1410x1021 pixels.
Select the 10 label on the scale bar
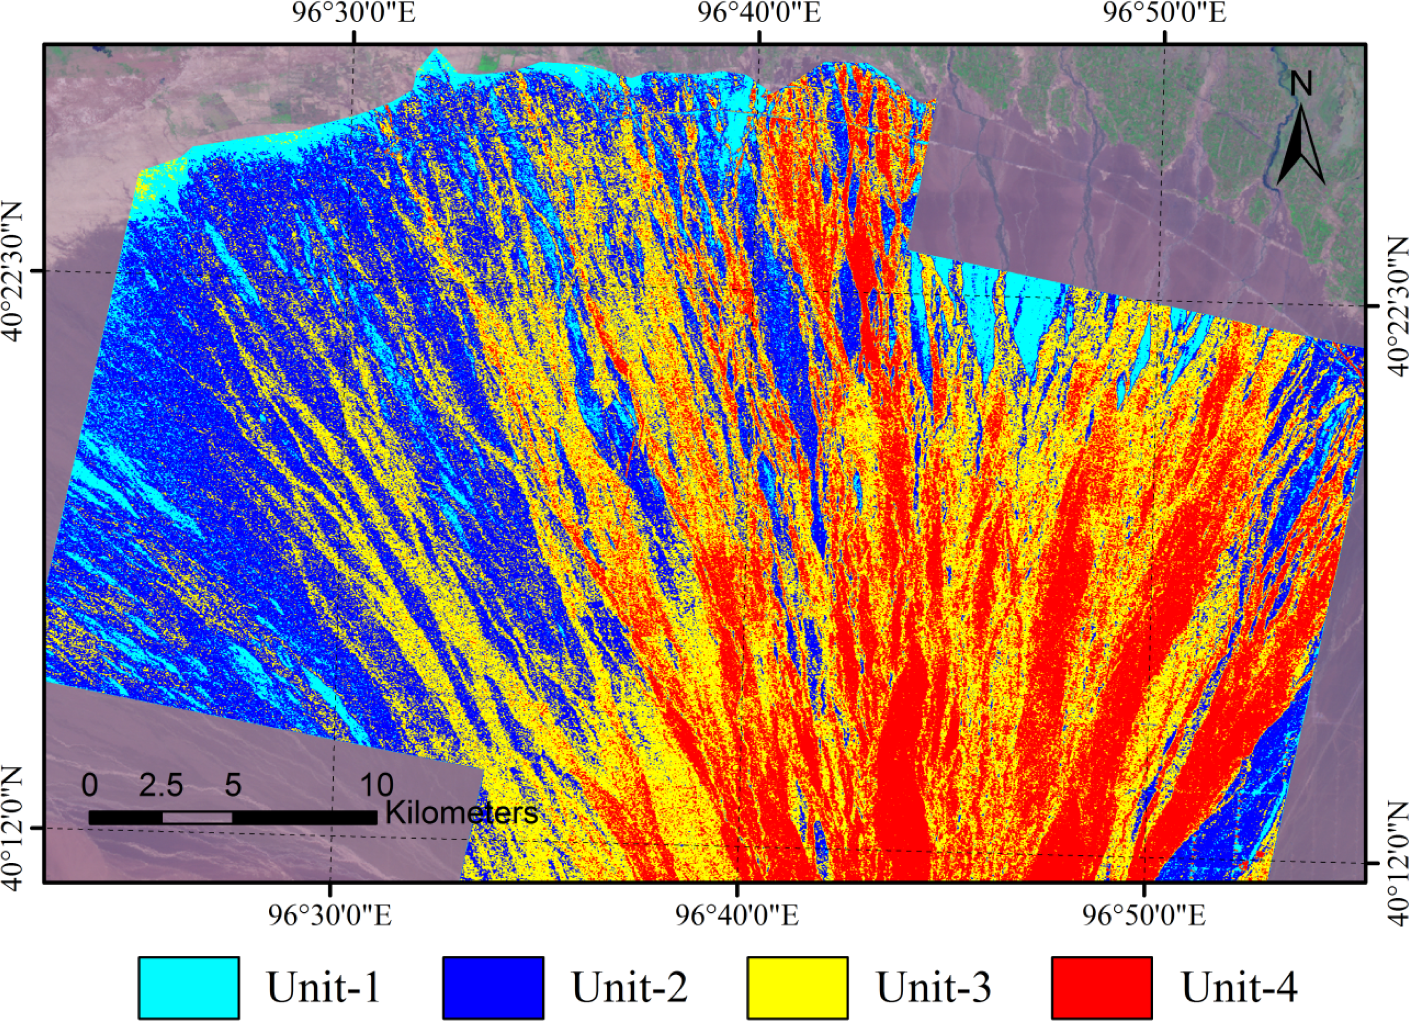click(376, 785)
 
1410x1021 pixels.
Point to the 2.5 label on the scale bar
click(161, 785)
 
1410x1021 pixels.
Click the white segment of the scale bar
click(197, 818)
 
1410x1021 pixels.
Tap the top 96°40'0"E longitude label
click(759, 14)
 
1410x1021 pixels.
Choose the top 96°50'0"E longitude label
click(1165, 14)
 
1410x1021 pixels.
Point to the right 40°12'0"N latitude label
click(1396, 861)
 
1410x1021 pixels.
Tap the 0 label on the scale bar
click(89, 785)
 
